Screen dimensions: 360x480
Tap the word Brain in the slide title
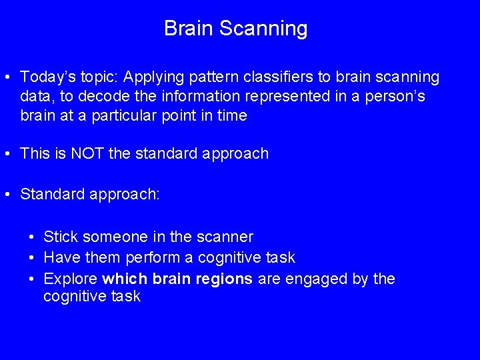[189, 29]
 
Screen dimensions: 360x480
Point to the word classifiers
[260, 77]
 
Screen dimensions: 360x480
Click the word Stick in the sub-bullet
[59, 237]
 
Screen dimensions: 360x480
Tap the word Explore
[71, 279]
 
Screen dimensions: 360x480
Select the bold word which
[126, 279]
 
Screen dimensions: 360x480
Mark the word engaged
[316, 279]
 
